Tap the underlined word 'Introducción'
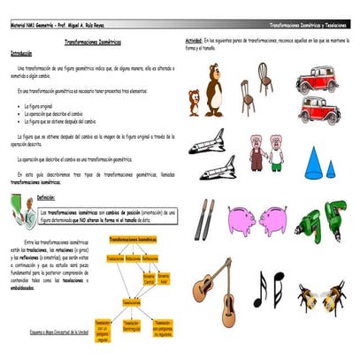22,53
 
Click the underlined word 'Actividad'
194,42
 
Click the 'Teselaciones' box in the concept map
131,303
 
